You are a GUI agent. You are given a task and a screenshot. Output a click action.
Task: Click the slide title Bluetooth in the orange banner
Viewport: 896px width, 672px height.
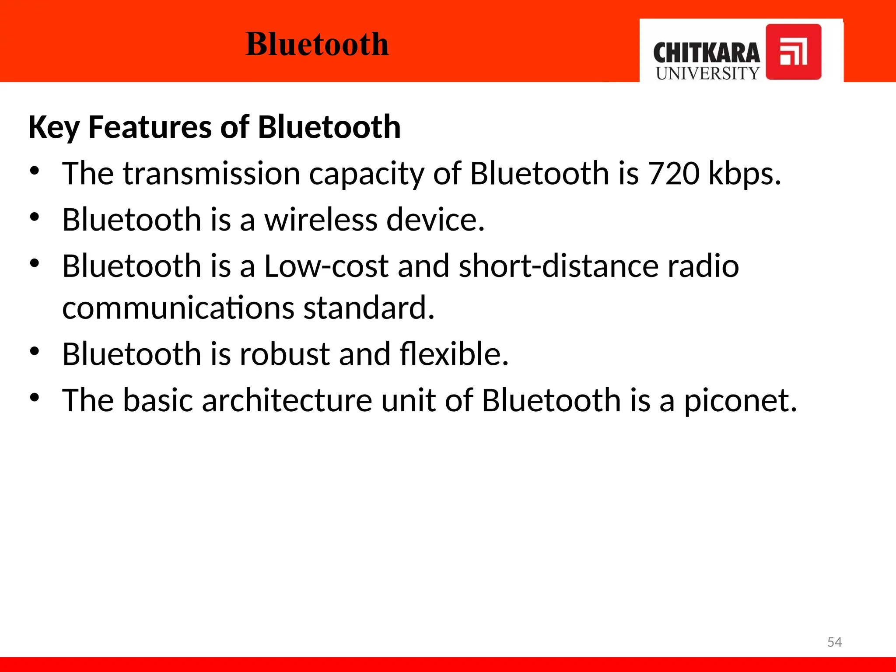coord(317,44)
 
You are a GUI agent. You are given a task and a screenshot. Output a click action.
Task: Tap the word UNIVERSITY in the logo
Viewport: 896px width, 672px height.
coord(707,73)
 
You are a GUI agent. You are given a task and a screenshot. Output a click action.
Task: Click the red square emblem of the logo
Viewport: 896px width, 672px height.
coord(793,52)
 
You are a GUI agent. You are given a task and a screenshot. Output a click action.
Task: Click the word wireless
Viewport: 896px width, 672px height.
coord(321,220)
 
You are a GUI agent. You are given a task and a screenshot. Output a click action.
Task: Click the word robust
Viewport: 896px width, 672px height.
coord(284,354)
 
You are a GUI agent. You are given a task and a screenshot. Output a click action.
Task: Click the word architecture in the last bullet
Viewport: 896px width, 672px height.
coord(287,400)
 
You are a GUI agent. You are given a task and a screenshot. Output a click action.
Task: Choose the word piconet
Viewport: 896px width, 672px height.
coord(740,401)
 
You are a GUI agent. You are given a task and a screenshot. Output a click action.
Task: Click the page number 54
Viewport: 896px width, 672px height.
coord(834,642)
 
